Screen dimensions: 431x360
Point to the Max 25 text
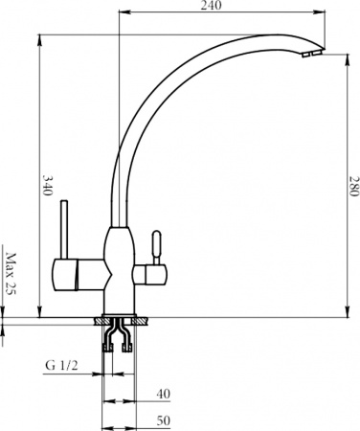pyautogui.click(x=11, y=274)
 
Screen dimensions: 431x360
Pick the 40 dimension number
pyautogui.click(x=162, y=393)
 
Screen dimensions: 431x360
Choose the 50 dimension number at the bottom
pyautogui.click(x=162, y=420)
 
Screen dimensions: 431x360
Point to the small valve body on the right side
pyautogui.click(x=152, y=275)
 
